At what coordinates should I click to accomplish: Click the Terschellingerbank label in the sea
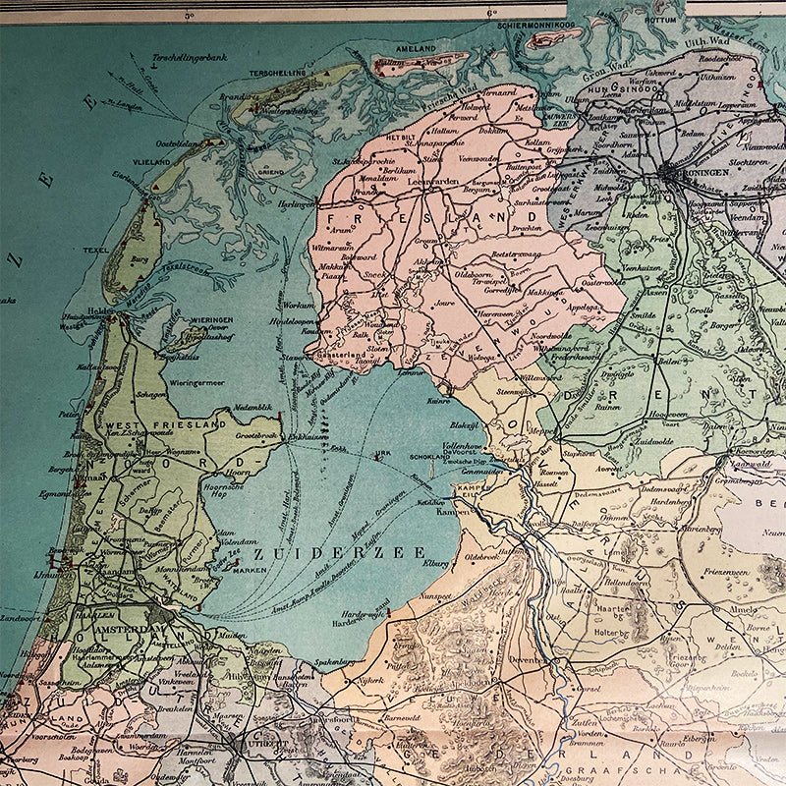[x=191, y=58]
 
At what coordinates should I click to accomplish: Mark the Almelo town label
[x=743, y=609]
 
